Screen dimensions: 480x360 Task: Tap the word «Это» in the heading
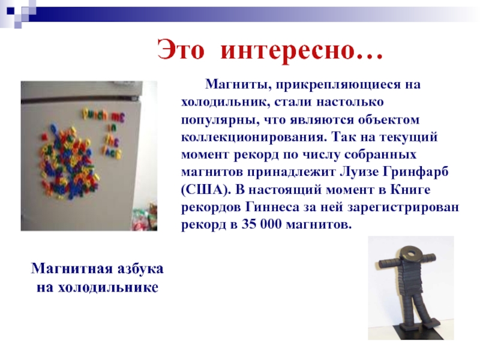[181, 50]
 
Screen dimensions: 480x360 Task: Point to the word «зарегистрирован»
[403, 208]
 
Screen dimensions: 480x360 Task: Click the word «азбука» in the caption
[140, 269]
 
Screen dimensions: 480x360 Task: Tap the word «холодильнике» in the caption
[108, 287]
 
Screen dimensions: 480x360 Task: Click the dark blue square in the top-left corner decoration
[10, 11]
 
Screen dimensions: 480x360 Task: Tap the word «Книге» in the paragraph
[410, 190]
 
